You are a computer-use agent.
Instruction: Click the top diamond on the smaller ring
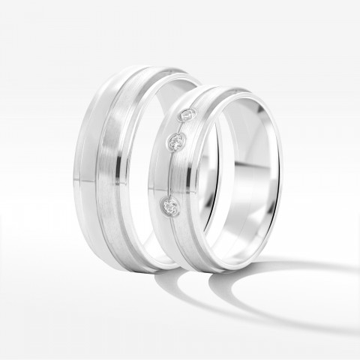[188, 115]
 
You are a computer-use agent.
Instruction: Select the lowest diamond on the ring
[171, 204]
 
